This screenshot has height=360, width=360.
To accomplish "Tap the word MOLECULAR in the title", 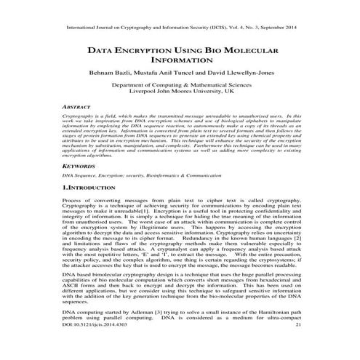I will (244, 52).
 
